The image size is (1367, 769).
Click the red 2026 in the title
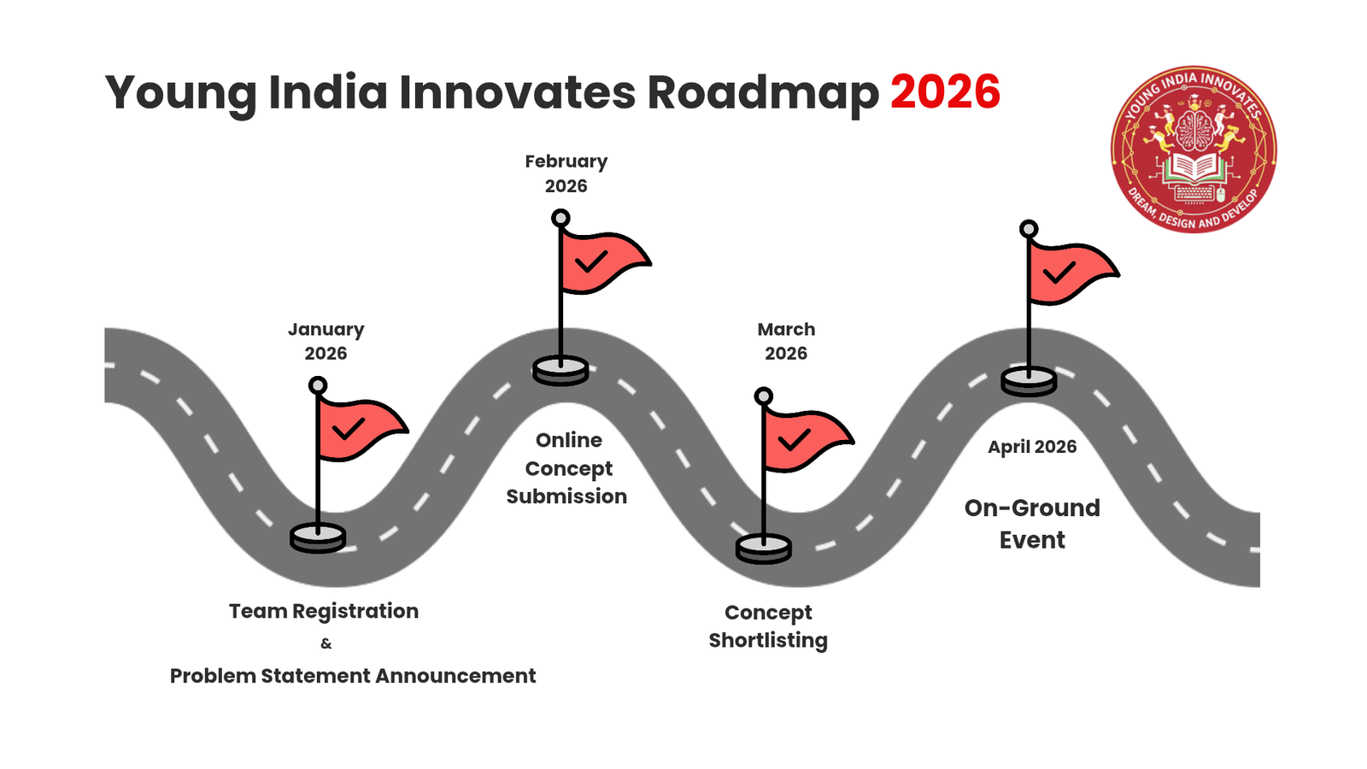(945, 91)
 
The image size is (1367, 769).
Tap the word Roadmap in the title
(762, 93)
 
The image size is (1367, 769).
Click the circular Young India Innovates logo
(1193, 149)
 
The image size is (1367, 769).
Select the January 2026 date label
(326, 341)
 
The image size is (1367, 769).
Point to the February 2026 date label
(566, 173)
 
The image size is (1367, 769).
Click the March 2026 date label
(786, 341)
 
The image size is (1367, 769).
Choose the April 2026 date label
(1032, 447)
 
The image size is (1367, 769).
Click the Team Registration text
(324, 611)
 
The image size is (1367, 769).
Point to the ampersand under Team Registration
(326, 643)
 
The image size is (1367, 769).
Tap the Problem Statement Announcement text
(353, 676)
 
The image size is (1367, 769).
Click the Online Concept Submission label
(567, 468)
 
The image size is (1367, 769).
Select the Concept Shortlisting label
(768, 626)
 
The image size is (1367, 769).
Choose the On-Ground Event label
(1032, 524)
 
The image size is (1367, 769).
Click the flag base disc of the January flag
(318, 538)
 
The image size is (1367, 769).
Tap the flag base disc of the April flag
(1029, 381)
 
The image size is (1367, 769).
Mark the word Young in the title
(180, 93)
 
